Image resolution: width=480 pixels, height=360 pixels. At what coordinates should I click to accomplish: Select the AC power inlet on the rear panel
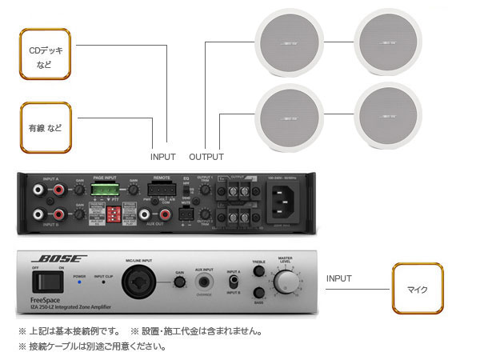click(x=290, y=203)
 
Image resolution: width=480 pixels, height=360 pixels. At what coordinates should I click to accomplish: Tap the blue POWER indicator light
click(x=78, y=285)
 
